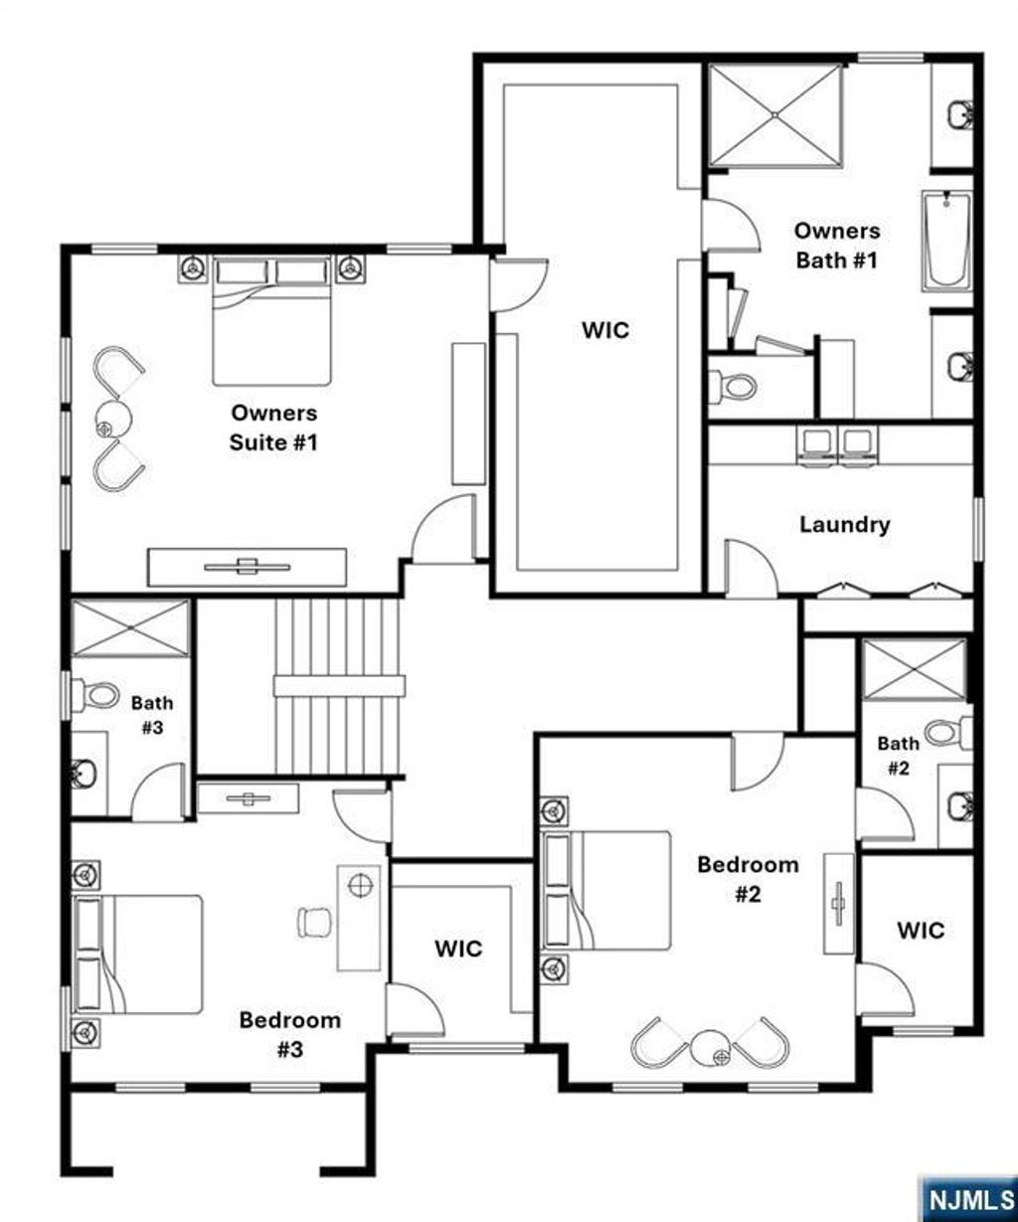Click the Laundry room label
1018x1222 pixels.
pyautogui.click(x=844, y=524)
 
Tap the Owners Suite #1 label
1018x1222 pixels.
pyautogui.click(x=273, y=427)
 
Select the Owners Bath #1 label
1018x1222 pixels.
pyautogui.click(x=836, y=246)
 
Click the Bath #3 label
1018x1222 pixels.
pyautogui.click(x=152, y=715)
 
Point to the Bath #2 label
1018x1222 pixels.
pyautogui.click(x=898, y=755)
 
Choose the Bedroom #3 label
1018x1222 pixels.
pyautogui.click(x=289, y=1034)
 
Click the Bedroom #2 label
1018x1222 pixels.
pyautogui.click(x=748, y=879)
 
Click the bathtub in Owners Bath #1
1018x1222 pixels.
pyautogui.click(x=946, y=241)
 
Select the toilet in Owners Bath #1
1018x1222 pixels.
pyautogui.click(x=735, y=385)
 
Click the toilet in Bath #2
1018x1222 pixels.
pyautogui.click(x=948, y=733)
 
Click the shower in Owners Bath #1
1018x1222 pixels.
pyautogui.click(x=776, y=113)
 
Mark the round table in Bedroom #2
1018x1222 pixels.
pyautogui.click(x=711, y=1045)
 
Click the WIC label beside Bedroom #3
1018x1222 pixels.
pyautogui.click(x=458, y=949)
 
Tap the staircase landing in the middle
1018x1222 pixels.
pyautogui.click(x=339, y=685)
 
